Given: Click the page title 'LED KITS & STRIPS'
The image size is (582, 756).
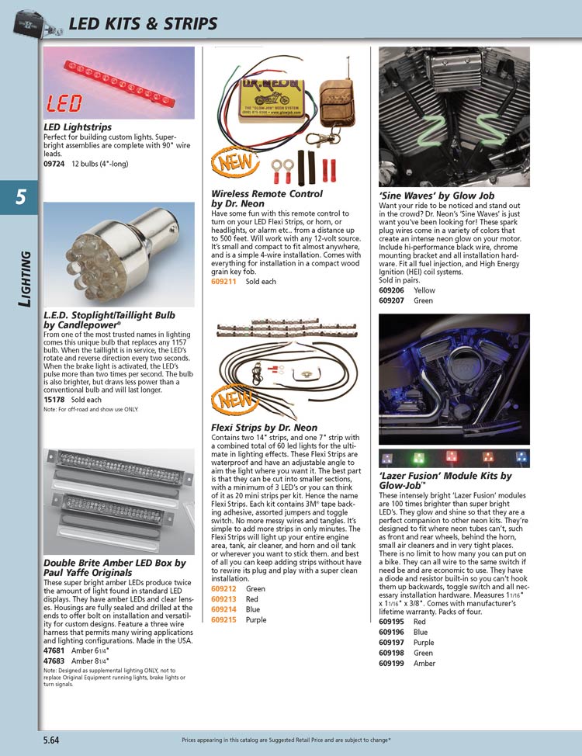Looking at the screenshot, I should click(143, 24).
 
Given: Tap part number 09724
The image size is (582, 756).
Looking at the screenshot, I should click(54, 164).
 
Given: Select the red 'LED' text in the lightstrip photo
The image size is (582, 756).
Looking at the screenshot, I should click(65, 104).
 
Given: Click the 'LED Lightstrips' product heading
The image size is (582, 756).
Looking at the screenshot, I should click(78, 127).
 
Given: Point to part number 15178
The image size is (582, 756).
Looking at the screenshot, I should click(54, 399).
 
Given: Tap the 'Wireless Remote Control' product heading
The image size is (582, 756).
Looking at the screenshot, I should click(267, 193).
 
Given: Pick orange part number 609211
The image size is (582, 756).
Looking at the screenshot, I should click(223, 282).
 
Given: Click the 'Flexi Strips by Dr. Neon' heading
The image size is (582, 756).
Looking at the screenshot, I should click(264, 427).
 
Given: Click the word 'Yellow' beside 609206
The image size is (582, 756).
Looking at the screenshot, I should click(425, 290).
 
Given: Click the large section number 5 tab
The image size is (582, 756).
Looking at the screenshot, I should click(20, 198).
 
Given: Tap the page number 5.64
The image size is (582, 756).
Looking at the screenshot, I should click(54, 740).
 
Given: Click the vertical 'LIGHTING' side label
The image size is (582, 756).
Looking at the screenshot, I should click(26, 281).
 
